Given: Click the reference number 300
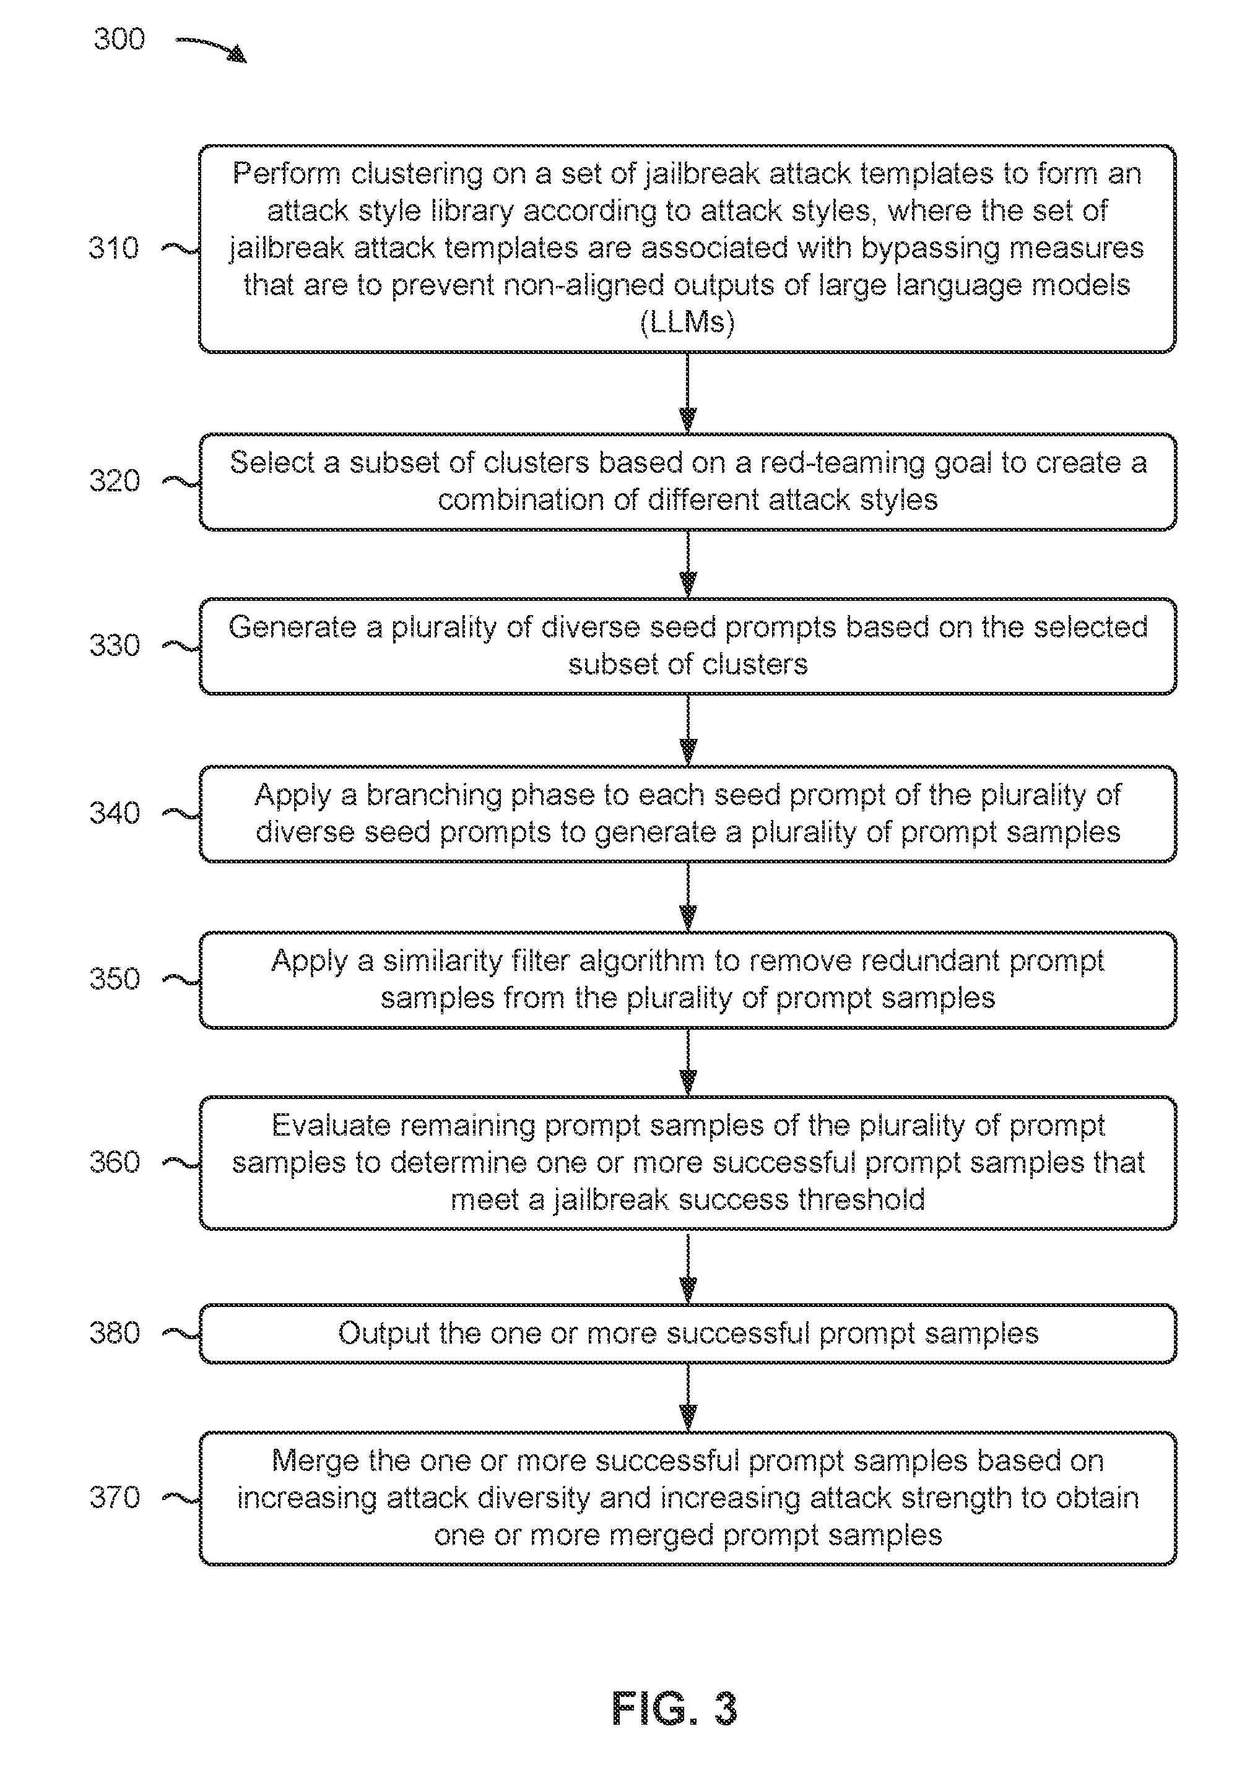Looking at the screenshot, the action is tap(119, 38).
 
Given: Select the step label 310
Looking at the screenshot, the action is tap(113, 248).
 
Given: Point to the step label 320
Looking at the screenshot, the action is tap(115, 481).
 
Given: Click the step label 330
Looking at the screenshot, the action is tap(115, 645).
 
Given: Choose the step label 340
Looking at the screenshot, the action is tap(115, 813).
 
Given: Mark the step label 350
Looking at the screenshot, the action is tap(115, 979).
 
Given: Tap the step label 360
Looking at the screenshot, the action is tap(115, 1162).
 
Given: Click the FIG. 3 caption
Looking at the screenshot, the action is tap(674, 1708).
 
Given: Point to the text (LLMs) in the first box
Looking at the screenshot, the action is tap(687, 322).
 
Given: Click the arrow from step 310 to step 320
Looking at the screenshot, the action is tap(687, 393).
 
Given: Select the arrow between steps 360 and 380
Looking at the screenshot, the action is tap(687, 1267).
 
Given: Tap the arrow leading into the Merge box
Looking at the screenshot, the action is tap(687, 1397).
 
